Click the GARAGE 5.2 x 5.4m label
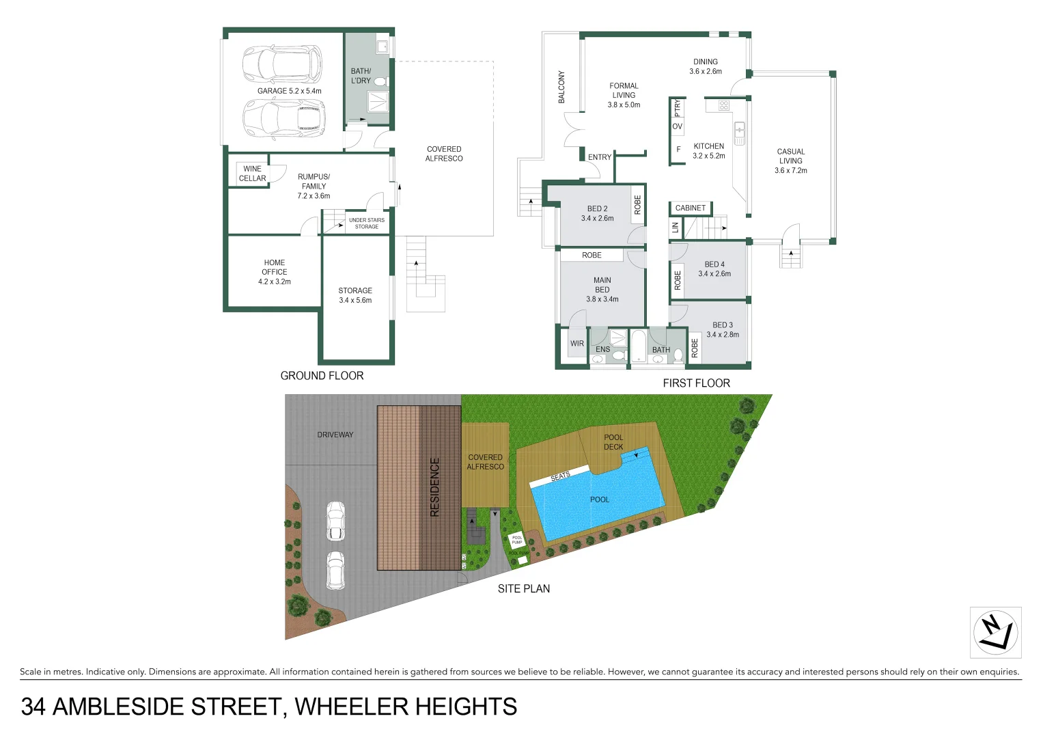(x=289, y=91)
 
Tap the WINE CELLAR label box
(x=252, y=174)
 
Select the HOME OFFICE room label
(x=275, y=272)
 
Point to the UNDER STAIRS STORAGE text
(x=367, y=223)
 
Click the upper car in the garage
(x=282, y=63)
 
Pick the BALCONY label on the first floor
(x=561, y=87)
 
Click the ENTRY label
(x=600, y=157)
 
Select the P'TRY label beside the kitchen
(x=678, y=108)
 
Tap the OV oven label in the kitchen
(x=678, y=126)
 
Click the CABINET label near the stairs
(x=690, y=208)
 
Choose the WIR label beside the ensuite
(x=577, y=344)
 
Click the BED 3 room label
(x=723, y=330)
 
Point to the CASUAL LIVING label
(x=791, y=161)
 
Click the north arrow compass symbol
(x=995, y=633)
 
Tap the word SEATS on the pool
(x=560, y=476)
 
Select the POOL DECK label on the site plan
(x=613, y=442)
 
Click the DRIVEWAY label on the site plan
(x=335, y=435)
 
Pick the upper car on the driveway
(x=335, y=521)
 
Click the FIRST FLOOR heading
(x=696, y=383)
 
